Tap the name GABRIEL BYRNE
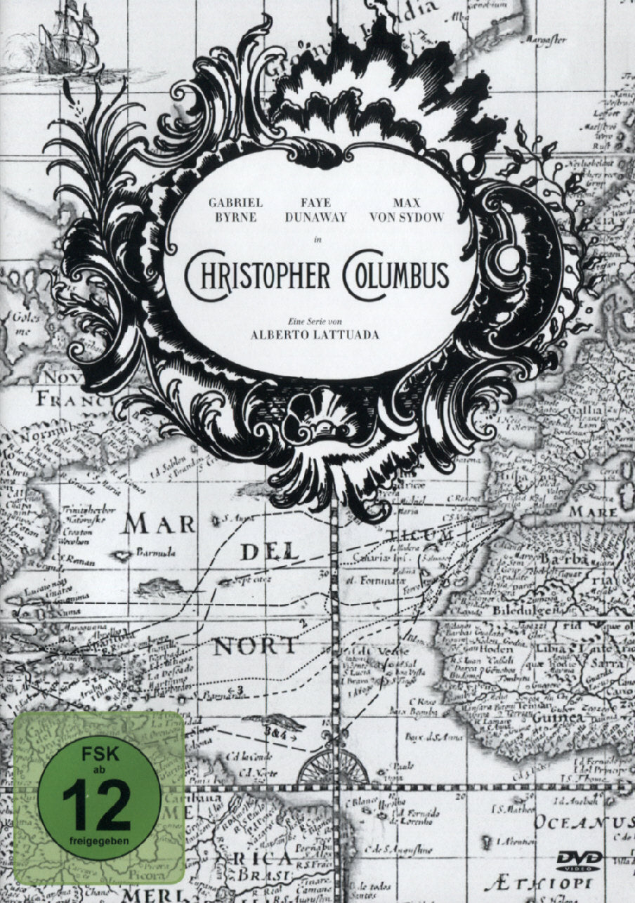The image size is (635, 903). [x=233, y=210]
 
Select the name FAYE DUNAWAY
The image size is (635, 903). [x=316, y=210]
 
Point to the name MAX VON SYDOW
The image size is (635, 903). [x=406, y=210]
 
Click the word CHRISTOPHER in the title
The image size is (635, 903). [x=257, y=275]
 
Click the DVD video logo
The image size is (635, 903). [x=580, y=859]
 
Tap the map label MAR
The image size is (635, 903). [x=157, y=524]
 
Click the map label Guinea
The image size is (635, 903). [x=558, y=719]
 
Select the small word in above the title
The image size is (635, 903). [x=317, y=240]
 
